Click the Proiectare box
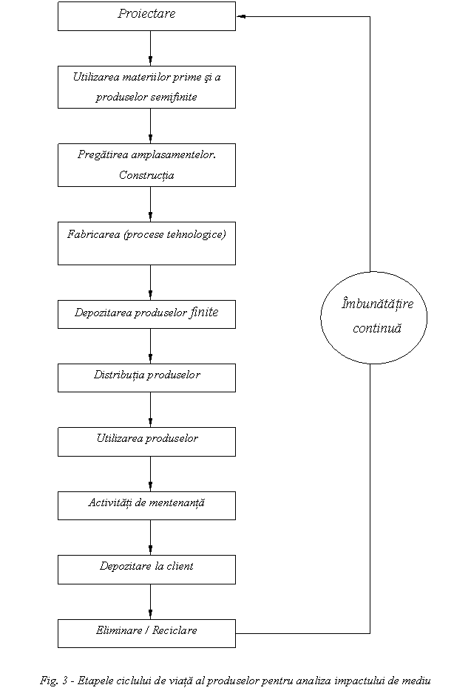(146, 16)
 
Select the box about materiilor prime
(146, 87)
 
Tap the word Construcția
(146, 175)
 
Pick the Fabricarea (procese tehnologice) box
(146, 243)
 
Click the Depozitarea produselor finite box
(146, 314)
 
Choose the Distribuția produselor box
(146, 378)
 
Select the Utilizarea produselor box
(146, 442)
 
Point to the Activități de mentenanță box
(146, 505)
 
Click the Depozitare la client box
(146, 570)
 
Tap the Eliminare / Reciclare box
(146, 633)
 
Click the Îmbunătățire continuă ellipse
(373, 318)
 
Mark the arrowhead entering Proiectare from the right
(240, 16)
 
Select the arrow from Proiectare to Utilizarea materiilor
(150, 49)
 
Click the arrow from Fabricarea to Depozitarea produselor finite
(150, 283)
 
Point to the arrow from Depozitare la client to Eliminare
(150, 601)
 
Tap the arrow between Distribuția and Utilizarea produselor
(150, 410)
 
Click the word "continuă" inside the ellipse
(377, 329)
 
